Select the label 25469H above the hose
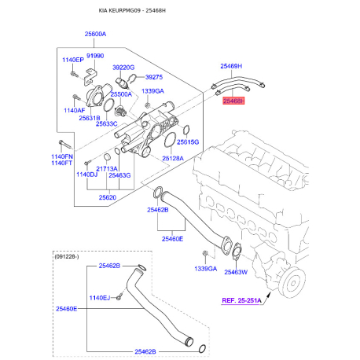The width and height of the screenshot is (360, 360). [231, 67]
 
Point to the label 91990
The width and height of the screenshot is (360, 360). [95, 56]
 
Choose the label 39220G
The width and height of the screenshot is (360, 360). [123, 68]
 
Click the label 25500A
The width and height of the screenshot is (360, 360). [122, 94]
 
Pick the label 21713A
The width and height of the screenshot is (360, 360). [107, 168]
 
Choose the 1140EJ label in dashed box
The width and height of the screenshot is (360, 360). [101, 298]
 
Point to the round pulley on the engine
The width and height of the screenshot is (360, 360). [296, 278]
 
